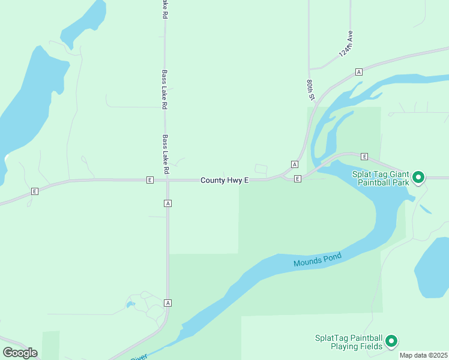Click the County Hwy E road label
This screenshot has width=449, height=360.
pos(224,180)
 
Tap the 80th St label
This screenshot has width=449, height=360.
pos(311,89)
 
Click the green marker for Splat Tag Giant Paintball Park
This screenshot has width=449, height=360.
pos(419,178)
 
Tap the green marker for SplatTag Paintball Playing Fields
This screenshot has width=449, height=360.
pos(391,341)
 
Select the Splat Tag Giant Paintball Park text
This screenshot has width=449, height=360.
pos(381,178)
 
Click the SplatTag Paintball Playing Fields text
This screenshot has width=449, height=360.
pos(349,342)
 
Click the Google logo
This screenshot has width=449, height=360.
pos(20,353)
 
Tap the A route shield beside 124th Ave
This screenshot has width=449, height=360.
pos(358,71)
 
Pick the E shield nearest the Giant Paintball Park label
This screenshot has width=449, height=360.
pos(364,156)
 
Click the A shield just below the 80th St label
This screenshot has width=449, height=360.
pos(294,164)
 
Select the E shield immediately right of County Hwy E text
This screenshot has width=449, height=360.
pos(297,179)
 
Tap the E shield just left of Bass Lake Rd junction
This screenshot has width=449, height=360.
pos(149,179)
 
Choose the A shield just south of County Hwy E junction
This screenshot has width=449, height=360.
pos(167,203)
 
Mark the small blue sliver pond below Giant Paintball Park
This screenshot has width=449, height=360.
pos(425,209)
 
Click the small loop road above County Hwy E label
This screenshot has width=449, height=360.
pos(261,169)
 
